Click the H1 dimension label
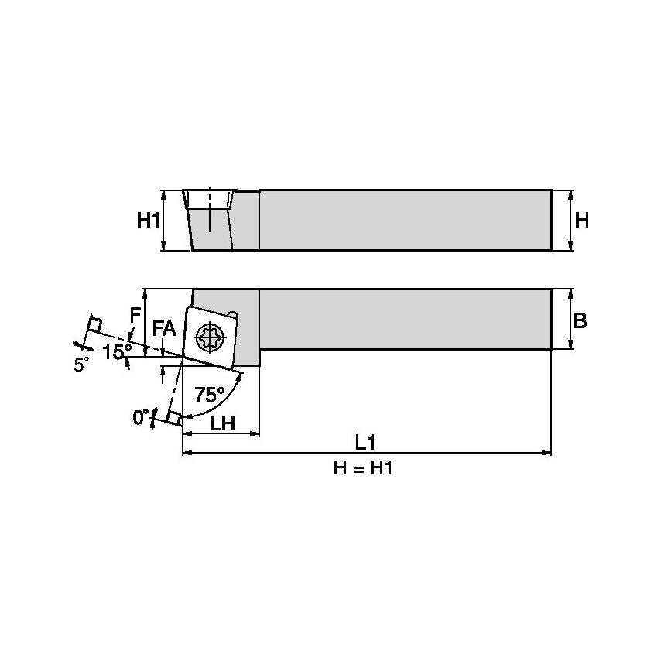(148, 221)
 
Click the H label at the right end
(582, 221)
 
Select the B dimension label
(580, 320)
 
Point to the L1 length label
(365, 443)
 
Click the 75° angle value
(209, 395)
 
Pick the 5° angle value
(81, 365)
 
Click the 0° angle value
(141, 417)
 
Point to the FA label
(164, 329)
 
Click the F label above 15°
(135, 315)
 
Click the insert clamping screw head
(211, 337)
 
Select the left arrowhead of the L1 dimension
(186, 453)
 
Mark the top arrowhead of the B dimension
(571, 293)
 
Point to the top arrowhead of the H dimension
(571, 194)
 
